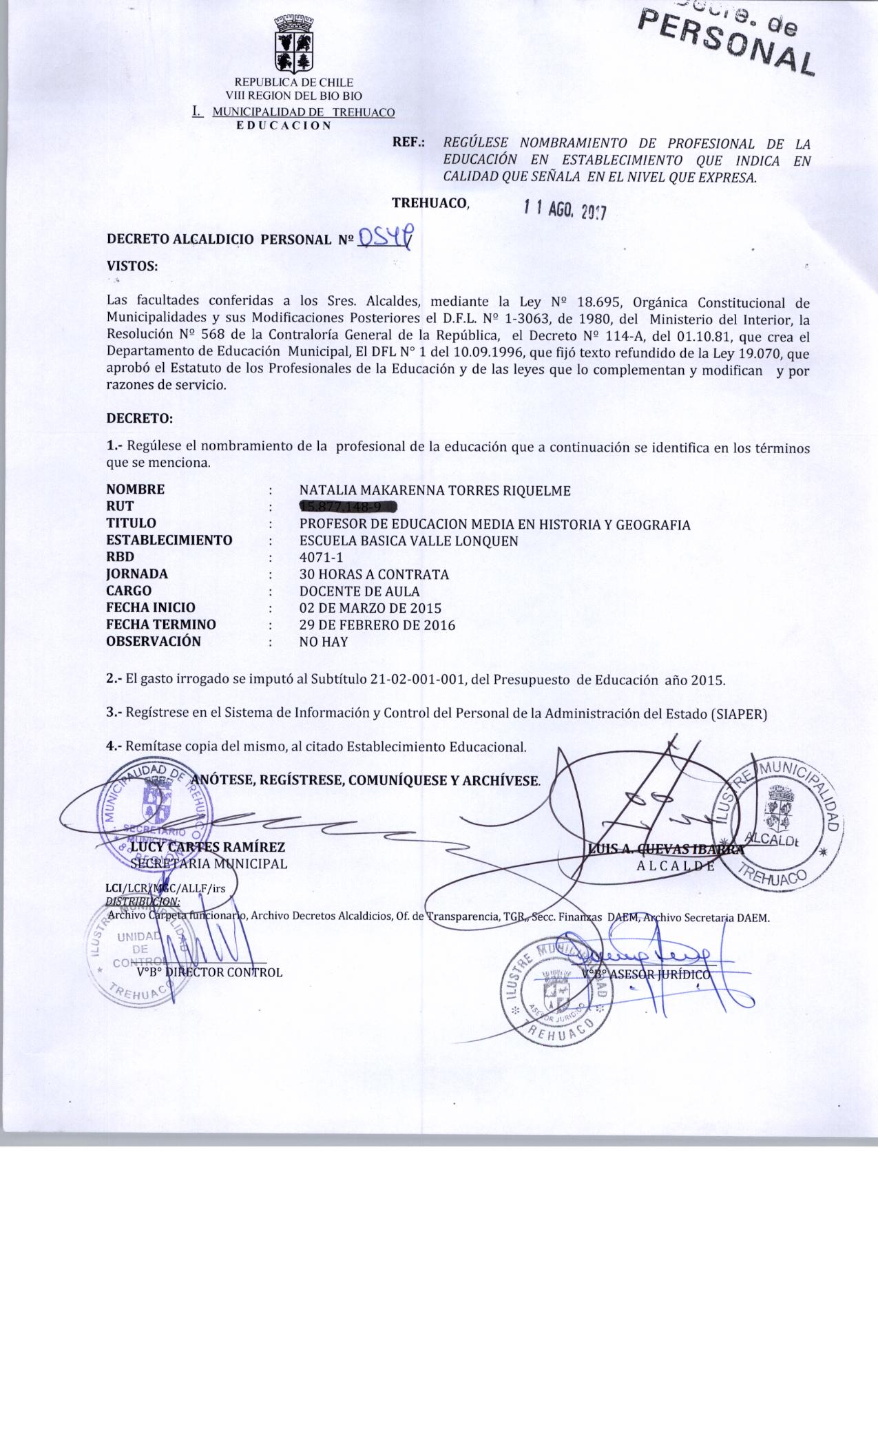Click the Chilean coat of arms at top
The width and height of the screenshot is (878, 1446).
(294, 44)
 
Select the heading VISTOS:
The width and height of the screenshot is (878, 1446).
(132, 265)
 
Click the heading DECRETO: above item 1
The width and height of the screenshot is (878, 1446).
(139, 418)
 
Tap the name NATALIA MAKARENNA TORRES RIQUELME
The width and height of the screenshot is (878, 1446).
(435, 490)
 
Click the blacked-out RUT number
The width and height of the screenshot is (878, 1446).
(346, 507)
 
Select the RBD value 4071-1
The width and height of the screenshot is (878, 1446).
(321, 557)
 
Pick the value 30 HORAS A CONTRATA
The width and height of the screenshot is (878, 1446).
(374, 574)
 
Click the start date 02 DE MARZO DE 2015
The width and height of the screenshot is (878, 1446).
(370, 608)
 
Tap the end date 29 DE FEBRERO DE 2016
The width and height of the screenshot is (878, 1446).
(377, 625)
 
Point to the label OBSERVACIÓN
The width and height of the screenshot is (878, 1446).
(154, 642)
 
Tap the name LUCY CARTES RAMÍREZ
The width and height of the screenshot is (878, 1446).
(207, 847)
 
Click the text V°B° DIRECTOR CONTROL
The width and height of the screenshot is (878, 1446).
(209, 972)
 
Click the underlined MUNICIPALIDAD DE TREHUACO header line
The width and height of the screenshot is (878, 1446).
(295, 112)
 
